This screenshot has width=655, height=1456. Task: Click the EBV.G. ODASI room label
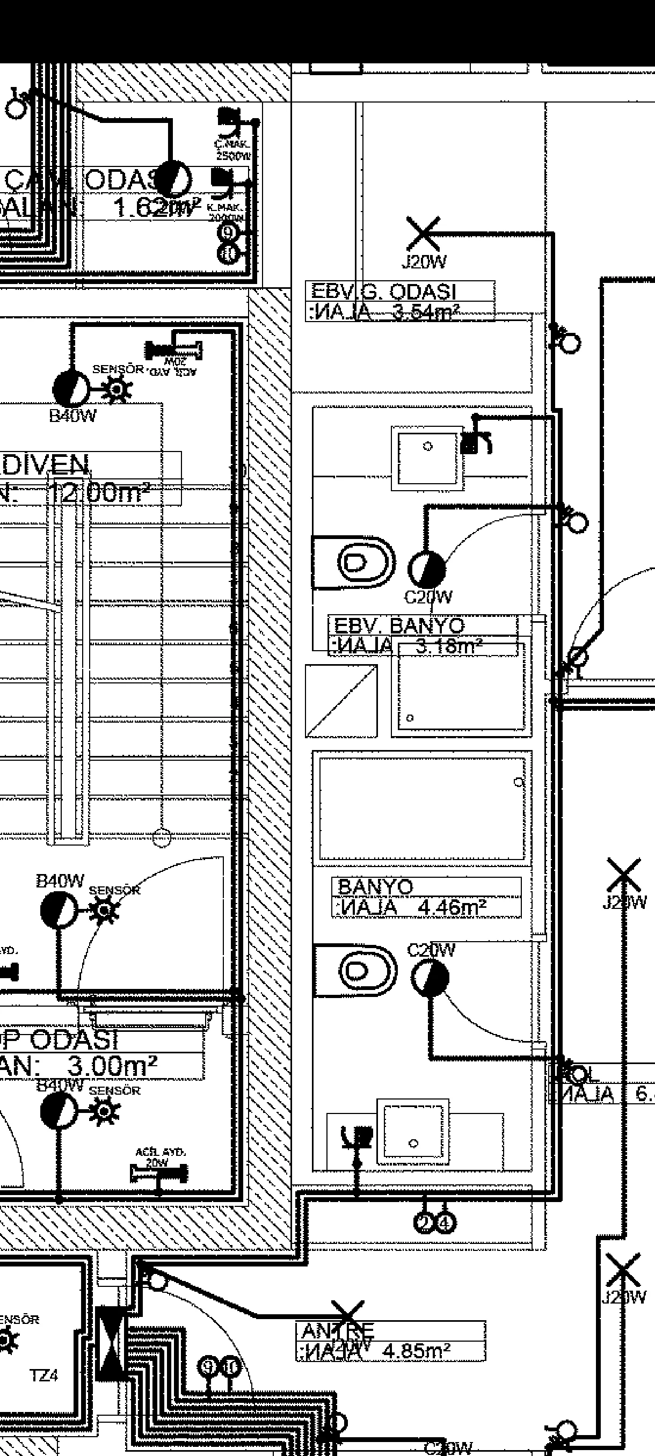click(384, 292)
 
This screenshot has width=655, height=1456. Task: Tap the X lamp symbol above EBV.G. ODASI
click(423, 234)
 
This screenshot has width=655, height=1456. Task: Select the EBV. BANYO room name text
click(399, 625)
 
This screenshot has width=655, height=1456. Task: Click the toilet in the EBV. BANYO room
click(354, 563)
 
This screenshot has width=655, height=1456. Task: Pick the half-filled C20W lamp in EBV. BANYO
click(426, 569)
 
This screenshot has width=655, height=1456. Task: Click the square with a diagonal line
click(341, 701)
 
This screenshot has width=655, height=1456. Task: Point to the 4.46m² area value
click(452, 907)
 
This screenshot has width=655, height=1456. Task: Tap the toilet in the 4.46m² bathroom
click(355, 971)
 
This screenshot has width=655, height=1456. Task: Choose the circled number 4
click(445, 1223)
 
